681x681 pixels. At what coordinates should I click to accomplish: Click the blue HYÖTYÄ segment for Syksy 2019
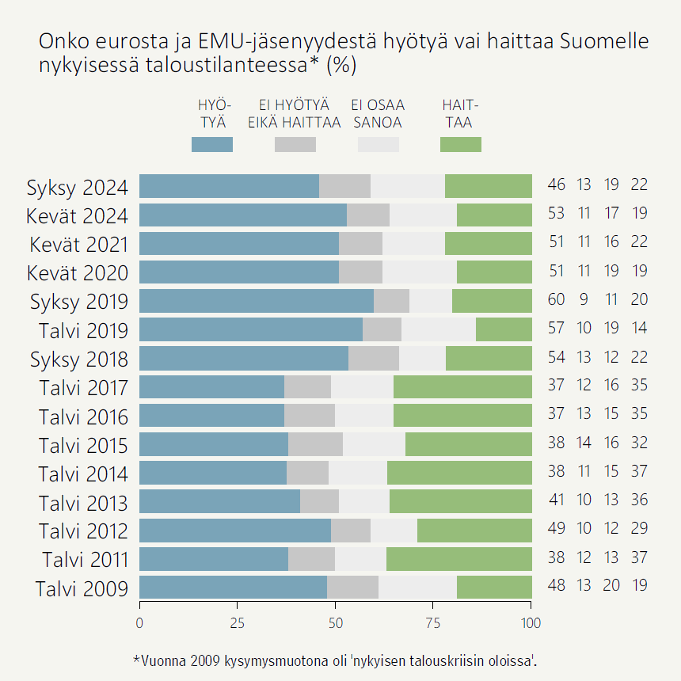coord(257,301)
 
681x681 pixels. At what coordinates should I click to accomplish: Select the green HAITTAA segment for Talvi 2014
coord(459,473)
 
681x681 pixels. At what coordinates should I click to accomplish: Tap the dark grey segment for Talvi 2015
coord(315,444)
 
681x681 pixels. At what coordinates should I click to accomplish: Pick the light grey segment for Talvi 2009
coord(417,587)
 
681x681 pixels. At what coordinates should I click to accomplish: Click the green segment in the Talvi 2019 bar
coord(504,329)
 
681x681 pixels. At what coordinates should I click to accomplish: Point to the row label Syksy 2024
coord(78,188)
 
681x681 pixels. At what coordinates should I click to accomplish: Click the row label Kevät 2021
coord(78,244)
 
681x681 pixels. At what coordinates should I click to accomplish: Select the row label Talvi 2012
coord(83,530)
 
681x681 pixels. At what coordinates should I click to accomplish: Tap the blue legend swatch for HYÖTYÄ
coord(212,144)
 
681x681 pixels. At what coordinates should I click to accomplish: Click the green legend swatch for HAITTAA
coord(460,144)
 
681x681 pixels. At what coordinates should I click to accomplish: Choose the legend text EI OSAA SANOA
coord(378,114)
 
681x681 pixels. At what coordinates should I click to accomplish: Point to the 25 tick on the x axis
coord(238,623)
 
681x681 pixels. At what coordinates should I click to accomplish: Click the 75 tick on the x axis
coord(433,623)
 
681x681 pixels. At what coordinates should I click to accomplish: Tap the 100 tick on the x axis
coord(531,623)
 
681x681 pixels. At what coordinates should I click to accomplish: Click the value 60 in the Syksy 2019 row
coord(557,299)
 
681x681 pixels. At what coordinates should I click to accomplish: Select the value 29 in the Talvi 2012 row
coord(640,528)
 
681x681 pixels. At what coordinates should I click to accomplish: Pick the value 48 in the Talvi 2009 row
coord(557,585)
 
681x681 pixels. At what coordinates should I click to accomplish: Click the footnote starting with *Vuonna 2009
coord(340,660)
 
